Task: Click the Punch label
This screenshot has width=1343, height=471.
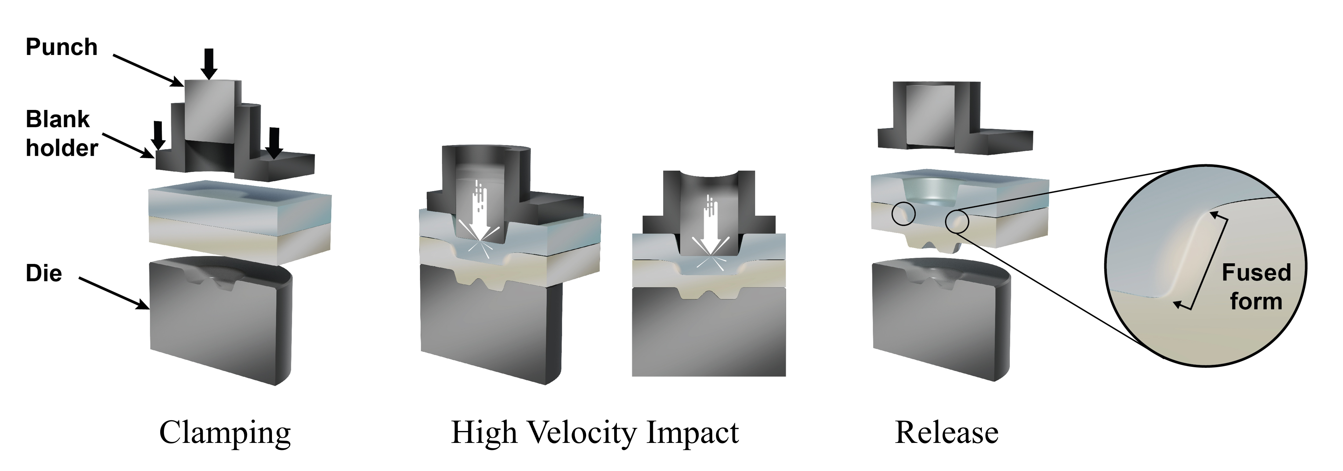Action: pos(62,47)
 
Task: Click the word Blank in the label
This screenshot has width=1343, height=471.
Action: pos(57,119)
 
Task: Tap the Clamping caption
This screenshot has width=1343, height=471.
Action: pos(225,433)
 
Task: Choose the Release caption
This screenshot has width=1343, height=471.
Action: pos(946,433)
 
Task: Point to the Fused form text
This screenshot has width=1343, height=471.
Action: pos(1256,287)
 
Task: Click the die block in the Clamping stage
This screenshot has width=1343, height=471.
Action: pos(219,323)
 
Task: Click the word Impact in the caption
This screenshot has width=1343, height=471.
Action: pos(692,433)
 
